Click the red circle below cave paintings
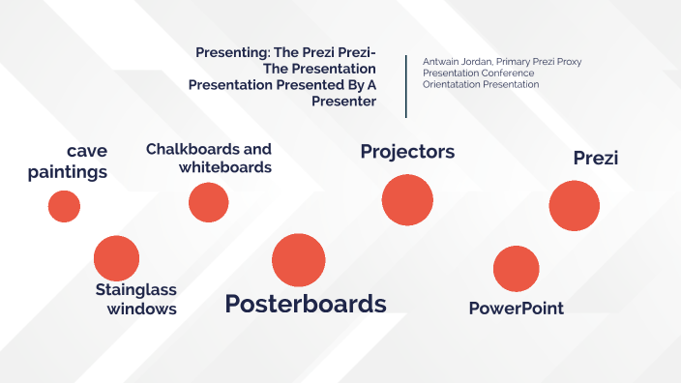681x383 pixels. (x=64, y=206)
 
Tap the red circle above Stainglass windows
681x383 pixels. (x=117, y=258)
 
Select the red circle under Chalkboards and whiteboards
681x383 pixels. (x=208, y=202)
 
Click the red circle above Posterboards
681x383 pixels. (x=298, y=260)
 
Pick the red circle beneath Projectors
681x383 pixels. (x=407, y=200)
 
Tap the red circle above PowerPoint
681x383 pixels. (x=516, y=269)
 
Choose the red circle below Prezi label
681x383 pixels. (x=575, y=206)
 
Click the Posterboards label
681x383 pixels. (x=306, y=304)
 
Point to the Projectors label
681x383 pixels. (x=407, y=152)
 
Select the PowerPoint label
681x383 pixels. (x=516, y=309)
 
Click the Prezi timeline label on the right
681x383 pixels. (x=595, y=158)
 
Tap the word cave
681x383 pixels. (x=87, y=151)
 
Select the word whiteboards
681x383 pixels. (x=225, y=167)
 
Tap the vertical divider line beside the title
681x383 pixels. (x=406, y=85)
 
